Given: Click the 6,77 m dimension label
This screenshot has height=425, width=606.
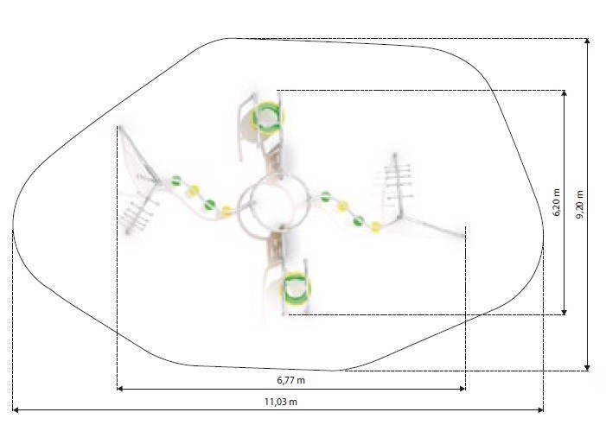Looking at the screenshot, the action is [290, 380].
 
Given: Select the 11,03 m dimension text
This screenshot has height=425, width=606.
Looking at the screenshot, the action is [281, 402].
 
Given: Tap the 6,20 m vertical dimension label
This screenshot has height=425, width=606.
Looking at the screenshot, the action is [556, 202].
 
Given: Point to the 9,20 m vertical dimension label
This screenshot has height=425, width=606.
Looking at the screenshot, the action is [580, 205].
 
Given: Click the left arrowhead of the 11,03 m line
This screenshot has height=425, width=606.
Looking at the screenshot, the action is [16, 410].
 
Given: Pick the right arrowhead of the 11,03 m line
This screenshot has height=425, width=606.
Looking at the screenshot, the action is [540, 410].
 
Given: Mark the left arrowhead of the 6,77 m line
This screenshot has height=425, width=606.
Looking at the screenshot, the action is [120, 389].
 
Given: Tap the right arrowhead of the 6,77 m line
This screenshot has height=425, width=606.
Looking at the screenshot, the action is [462, 389].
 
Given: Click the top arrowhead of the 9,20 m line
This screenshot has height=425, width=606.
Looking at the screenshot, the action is [587, 41].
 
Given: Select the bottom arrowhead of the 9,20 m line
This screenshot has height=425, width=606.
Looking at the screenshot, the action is [587, 367].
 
